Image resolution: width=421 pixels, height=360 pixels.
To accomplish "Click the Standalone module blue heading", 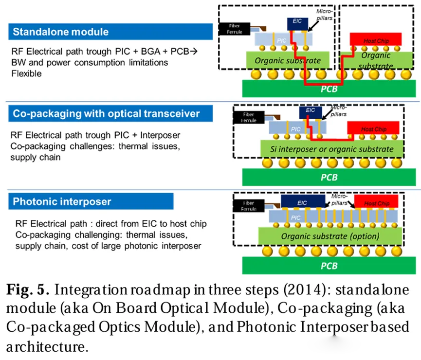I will coord(111,32).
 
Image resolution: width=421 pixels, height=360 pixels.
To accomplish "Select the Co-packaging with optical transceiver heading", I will coord(111,114).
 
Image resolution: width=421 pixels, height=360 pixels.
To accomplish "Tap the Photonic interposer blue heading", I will coord(91,201).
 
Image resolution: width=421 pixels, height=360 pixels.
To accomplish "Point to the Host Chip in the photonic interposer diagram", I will coord(377,202).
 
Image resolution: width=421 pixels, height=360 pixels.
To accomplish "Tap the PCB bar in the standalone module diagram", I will coord(329,89).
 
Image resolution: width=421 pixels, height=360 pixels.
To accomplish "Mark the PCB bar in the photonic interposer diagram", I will coord(329,266).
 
